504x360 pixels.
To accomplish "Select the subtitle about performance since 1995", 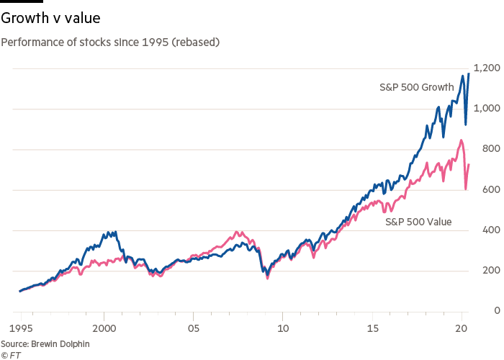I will (x=110, y=42).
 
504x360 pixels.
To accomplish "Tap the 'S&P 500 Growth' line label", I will (x=416, y=87).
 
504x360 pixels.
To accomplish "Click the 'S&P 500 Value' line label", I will (x=418, y=222).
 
